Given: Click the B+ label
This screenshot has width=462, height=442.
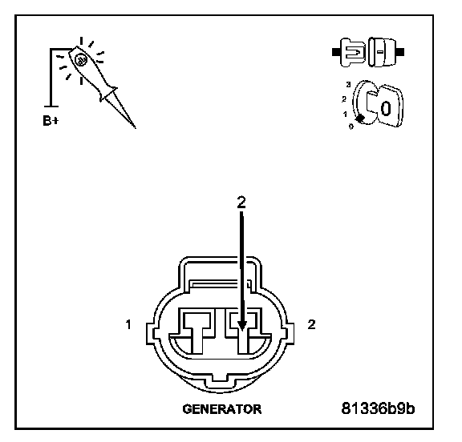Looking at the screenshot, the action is point(51,121).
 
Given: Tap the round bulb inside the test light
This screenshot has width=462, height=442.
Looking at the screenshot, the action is point(80,60).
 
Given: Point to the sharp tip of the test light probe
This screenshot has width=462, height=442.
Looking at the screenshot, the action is point(136,128).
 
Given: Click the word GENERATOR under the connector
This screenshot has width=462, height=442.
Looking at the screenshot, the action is point(222,409).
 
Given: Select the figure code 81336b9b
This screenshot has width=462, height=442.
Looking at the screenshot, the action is point(378,408).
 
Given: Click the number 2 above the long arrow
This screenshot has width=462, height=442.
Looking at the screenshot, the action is point(241,203).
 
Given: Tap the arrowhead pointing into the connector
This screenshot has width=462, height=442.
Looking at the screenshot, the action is point(242,326).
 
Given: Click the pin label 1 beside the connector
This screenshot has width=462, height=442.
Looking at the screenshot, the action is point(128,325).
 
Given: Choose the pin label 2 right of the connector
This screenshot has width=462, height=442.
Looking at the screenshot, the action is point(311,324).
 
